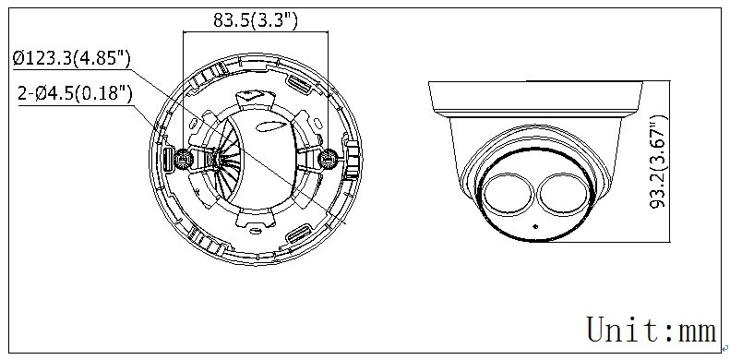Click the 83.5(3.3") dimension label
[x=255, y=19]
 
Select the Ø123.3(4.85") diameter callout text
[x=72, y=59]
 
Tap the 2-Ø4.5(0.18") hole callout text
[x=76, y=94]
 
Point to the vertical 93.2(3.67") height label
[x=658, y=162]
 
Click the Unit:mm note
[x=652, y=330]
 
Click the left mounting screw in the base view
[x=184, y=160]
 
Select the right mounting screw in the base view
[x=329, y=160]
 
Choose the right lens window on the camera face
[x=566, y=196]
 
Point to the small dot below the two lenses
[x=535, y=227]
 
